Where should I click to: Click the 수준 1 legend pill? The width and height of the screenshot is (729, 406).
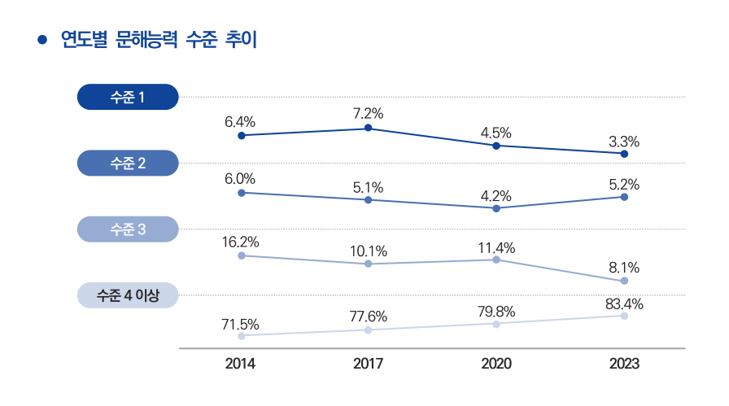click(x=127, y=98)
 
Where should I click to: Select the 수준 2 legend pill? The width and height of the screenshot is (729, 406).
click(x=127, y=164)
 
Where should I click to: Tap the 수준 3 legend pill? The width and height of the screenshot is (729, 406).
click(x=127, y=229)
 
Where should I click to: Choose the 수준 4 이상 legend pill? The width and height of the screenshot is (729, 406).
click(x=127, y=295)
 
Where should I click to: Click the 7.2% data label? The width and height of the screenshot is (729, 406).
click(x=369, y=113)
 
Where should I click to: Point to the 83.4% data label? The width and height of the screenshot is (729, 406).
click(x=624, y=305)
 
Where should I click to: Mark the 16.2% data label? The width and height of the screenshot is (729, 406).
click(x=241, y=242)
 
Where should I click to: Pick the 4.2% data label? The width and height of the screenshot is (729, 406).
click(x=496, y=195)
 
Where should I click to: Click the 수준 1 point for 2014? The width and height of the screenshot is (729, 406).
click(x=242, y=136)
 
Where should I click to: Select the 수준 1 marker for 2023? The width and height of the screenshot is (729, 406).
click(x=624, y=154)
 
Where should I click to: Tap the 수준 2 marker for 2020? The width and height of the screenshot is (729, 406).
click(x=496, y=208)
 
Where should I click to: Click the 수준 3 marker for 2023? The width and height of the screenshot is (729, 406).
click(x=624, y=281)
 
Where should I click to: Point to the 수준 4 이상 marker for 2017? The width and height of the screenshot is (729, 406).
click(x=369, y=330)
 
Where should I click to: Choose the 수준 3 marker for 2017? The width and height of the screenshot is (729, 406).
click(x=369, y=264)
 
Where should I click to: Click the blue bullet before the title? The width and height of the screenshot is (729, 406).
click(x=41, y=40)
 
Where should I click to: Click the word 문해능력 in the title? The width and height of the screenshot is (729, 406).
click(x=133, y=40)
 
